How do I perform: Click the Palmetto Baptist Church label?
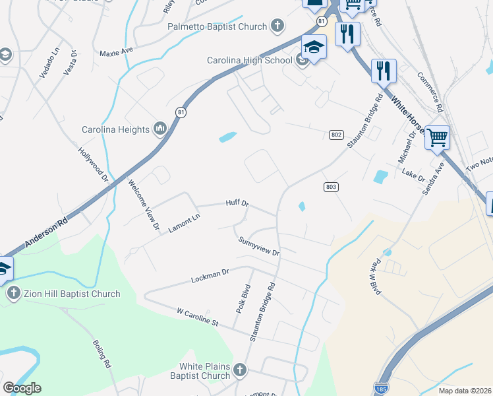point(217,27)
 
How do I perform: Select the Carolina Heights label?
point(115,129)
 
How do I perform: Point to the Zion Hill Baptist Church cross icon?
point(12,294)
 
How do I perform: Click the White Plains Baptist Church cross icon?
point(239,370)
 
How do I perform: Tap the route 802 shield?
point(336,135)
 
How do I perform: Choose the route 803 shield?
point(332,187)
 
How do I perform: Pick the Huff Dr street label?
point(237,203)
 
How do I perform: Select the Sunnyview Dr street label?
point(259,247)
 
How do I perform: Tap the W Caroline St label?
point(197,317)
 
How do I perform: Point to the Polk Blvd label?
point(243,298)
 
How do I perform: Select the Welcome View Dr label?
point(144,205)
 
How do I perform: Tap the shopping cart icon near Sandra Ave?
point(437,137)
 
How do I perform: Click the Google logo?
point(22,387)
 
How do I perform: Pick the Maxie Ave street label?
point(116,51)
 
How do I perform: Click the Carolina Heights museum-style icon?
point(159,128)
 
